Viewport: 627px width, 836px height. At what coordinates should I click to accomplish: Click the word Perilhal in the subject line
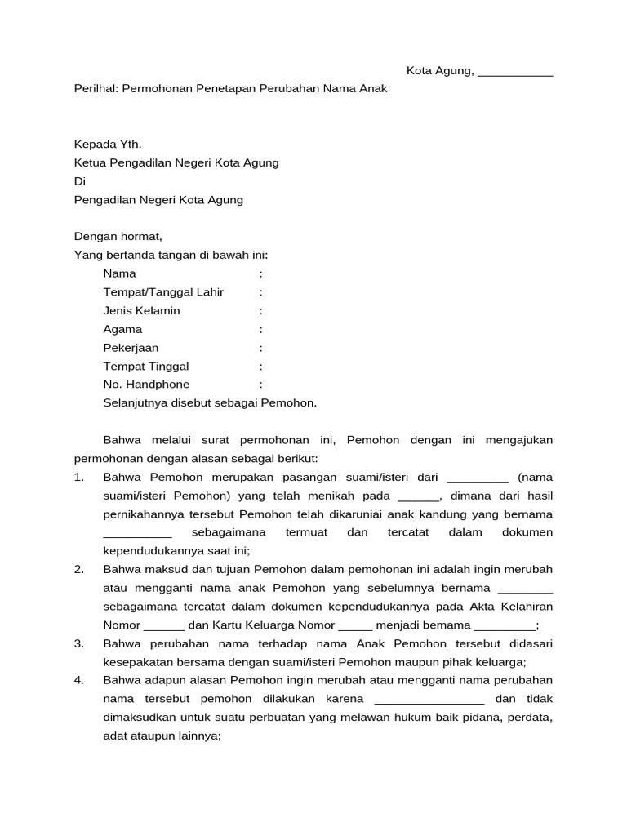96,88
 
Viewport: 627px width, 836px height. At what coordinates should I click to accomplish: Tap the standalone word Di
79,181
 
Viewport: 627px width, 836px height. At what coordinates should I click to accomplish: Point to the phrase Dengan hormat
118,237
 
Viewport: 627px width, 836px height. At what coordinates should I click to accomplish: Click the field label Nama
120,273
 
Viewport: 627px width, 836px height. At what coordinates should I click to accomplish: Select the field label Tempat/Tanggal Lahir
163,292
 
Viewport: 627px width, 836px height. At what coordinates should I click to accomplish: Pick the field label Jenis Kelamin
141,311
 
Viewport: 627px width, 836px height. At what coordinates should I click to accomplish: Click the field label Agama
122,329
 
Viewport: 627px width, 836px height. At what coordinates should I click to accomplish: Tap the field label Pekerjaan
131,348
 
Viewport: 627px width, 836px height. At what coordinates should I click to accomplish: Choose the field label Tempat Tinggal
146,367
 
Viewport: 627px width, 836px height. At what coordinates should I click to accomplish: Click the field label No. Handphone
146,385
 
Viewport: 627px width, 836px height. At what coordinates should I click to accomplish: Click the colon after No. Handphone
261,385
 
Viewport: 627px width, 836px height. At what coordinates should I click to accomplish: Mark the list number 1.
79,477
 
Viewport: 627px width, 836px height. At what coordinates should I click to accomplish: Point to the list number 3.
79,643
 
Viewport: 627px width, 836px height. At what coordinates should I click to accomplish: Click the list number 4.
79,680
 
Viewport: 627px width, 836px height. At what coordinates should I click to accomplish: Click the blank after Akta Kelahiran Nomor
164,626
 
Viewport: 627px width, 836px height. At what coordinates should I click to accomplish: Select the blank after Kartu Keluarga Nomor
355,626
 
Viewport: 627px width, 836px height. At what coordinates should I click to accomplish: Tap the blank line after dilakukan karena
429,700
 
